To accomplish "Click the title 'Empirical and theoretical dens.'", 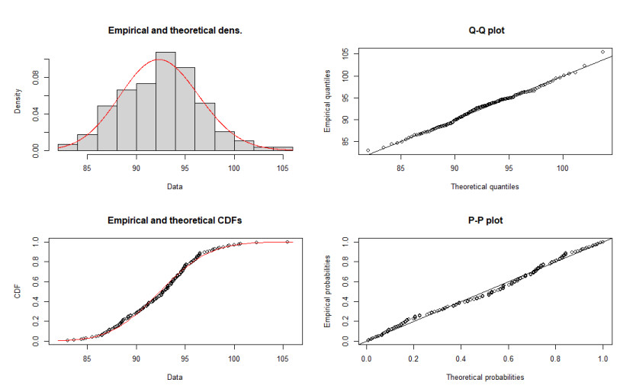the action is (175, 31).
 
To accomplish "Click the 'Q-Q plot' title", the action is (487, 31).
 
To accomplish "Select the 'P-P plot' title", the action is (485, 220).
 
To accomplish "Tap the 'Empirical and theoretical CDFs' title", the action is (175, 220).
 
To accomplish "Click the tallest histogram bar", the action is (165, 101).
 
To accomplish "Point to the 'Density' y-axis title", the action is (18, 101).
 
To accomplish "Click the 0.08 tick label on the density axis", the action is (36, 78).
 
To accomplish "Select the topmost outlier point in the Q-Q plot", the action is (602, 52).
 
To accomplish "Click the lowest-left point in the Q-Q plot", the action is (368, 150).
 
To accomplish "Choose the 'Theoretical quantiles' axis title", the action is (485, 187).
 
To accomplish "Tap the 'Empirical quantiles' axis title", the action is (327, 101).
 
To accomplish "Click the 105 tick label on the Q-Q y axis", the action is (345, 54).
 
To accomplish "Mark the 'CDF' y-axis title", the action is (18, 291).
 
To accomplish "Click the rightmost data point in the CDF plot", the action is (287, 242).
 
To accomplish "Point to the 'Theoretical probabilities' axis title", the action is (485, 378).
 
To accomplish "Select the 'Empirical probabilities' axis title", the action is (327, 291).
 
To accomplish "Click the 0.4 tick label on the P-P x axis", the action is (461, 358).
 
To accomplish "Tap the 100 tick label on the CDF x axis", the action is (234, 358).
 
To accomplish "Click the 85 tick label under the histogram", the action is (87, 169).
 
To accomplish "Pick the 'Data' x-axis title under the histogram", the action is (175, 187).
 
